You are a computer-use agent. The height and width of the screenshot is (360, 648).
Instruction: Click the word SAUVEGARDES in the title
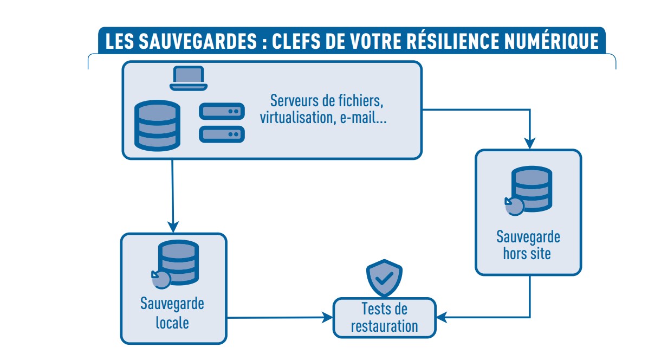[195, 42]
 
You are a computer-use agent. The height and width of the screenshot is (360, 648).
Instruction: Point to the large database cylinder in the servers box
[157, 125]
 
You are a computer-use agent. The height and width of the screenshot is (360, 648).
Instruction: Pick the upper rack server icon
[222, 111]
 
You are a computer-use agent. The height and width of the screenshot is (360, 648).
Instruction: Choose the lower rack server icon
[222, 133]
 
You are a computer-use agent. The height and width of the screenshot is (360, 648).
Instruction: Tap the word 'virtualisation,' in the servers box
[296, 118]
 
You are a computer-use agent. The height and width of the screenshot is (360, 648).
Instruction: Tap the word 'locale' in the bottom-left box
[172, 323]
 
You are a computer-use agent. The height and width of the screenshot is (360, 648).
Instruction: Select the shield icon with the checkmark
[384, 278]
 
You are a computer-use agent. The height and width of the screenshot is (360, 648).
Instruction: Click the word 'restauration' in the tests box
[384, 326]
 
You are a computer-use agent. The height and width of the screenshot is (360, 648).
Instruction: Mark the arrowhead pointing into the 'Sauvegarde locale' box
[173, 227]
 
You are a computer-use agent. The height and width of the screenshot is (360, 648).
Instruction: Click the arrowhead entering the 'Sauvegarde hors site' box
[530, 143]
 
